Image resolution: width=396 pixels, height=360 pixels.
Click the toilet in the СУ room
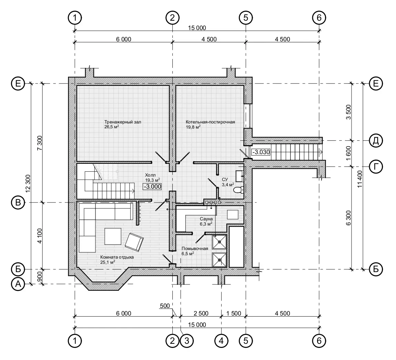[238, 190]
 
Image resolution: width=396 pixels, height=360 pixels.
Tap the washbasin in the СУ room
[240, 176]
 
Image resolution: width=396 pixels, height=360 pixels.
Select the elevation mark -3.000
[152, 187]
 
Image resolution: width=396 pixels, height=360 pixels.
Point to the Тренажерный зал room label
[123, 122]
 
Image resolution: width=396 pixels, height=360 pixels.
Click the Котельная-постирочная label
[210, 122]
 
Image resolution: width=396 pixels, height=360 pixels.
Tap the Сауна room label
[206, 219]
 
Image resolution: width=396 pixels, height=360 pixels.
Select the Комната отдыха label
[117, 257]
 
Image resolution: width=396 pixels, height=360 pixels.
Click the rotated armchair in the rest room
[134, 242]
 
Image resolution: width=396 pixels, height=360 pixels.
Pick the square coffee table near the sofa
[113, 236]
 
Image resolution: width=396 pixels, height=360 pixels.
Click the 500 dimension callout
[165, 306]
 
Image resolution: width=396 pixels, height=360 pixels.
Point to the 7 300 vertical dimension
[40, 143]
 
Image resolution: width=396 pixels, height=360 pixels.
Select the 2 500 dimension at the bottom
[201, 313]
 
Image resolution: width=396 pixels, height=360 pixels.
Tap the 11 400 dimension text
[360, 179]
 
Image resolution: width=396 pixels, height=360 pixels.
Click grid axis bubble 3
[187, 341]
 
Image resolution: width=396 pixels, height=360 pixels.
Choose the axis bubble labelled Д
[376, 140]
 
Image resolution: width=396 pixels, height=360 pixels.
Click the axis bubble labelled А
[18, 284]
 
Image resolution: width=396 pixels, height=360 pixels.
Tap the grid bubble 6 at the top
[319, 18]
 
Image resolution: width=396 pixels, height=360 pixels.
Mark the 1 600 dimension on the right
[348, 153]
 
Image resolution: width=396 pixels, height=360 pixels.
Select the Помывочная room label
[195, 249]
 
